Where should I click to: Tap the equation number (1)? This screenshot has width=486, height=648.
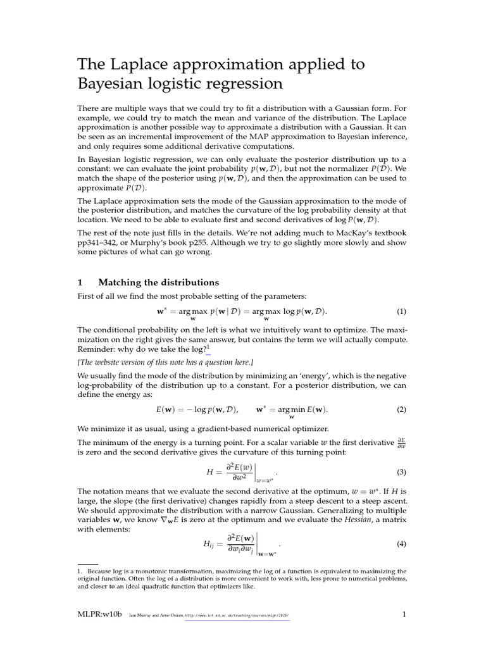(401, 311)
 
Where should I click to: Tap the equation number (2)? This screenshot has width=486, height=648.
(401, 409)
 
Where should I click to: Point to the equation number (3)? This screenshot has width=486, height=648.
(401, 472)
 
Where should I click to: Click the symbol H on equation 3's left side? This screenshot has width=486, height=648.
(210, 472)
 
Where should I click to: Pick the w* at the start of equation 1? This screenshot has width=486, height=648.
(161, 311)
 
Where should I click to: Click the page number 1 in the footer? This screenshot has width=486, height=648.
(404, 614)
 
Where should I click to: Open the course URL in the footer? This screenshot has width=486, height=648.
(237, 615)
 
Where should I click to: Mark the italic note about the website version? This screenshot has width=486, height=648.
(165, 362)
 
